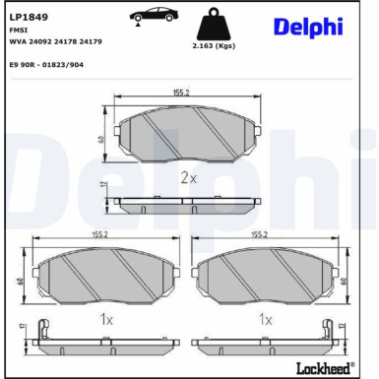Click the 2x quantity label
(190, 178)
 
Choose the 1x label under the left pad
(107, 320)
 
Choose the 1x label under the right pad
(264, 320)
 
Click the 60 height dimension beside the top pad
(102, 139)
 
